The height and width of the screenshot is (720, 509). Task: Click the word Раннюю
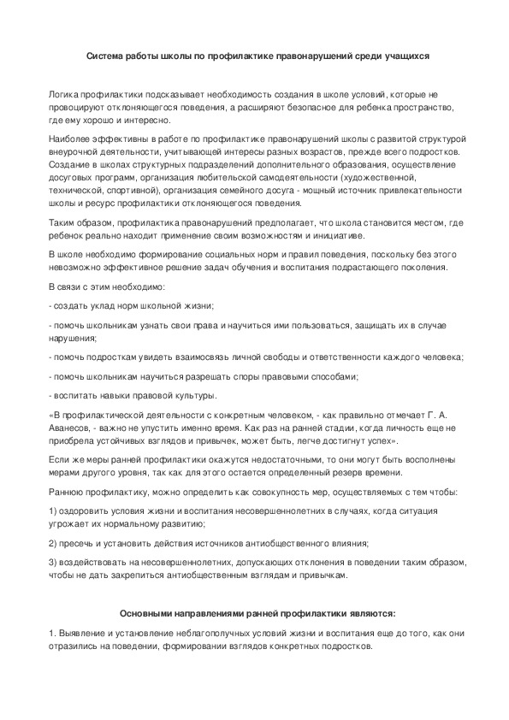[68, 493]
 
